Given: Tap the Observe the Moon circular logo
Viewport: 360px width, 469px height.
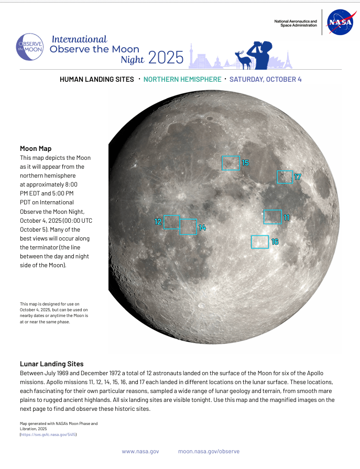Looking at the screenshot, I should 30,46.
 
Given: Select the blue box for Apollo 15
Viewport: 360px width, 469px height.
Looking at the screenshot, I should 231,163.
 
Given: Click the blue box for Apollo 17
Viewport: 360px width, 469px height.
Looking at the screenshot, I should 285,177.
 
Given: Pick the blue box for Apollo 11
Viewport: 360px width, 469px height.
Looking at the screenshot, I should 272,217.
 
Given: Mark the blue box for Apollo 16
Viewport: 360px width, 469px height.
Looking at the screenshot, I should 259,242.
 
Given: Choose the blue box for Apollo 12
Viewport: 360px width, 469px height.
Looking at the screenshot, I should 171,222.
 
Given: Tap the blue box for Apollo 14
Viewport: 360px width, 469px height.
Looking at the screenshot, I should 188,226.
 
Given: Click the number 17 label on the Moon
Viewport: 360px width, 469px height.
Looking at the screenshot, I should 298,177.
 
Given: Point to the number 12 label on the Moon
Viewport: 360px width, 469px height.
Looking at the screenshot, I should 158,222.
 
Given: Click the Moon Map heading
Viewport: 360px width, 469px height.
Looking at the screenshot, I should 36,149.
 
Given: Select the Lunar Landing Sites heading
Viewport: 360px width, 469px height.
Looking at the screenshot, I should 52,364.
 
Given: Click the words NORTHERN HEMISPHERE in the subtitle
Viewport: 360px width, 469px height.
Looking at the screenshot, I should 182,80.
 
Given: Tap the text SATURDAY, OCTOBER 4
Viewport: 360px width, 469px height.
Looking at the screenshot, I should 265,80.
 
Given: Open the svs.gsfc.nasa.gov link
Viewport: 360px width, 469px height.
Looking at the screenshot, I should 48,435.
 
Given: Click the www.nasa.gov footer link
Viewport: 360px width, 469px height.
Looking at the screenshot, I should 140,451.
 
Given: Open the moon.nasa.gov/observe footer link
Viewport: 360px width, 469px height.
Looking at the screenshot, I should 209,451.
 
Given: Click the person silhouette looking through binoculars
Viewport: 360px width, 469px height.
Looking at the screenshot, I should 262,54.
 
